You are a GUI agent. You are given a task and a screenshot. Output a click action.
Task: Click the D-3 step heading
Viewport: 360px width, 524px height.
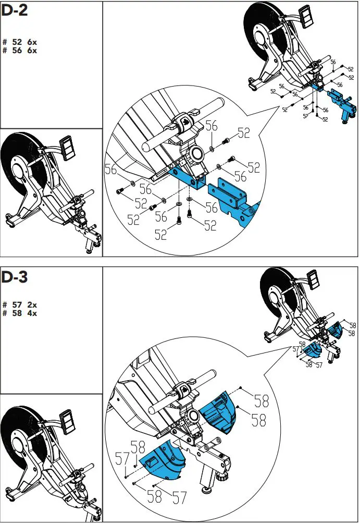pos(14,277)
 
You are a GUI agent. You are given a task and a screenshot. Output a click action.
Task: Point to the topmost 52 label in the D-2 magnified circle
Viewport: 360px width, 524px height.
pos(243,133)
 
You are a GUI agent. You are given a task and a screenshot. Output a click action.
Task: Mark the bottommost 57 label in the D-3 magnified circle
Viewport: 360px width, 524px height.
pos(179,498)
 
